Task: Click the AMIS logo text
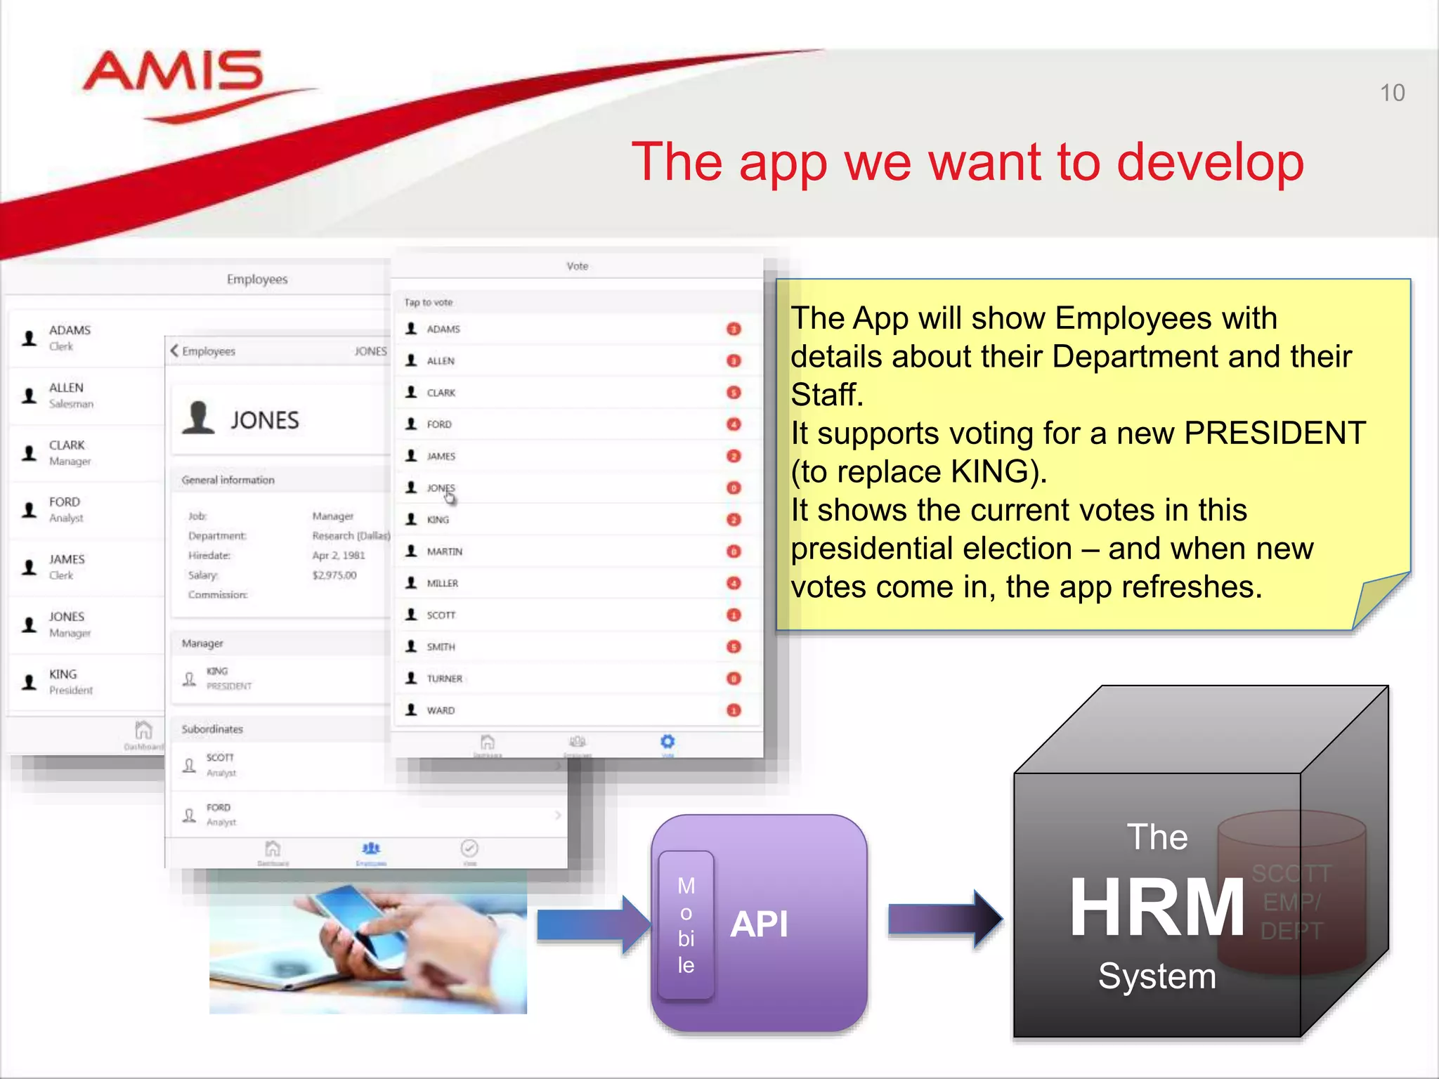pyautogui.click(x=173, y=72)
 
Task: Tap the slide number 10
pyautogui.click(x=1392, y=93)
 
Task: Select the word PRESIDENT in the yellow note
pyautogui.click(x=1275, y=433)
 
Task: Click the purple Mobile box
pyautogui.click(x=686, y=924)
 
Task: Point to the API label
pyautogui.click(x=759, y=924)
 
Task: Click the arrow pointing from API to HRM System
pyautogui.click(x=944, y=919)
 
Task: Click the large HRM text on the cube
pyautogui.click(x=1157, y=907)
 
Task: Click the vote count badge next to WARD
pyautogui.click(x=734, y=710)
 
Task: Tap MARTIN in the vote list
pyautogui.click(x=444, y=551)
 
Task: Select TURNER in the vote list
pyautogui.click(x=444, y=679)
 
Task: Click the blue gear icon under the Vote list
pyautogui.click(x=668, y=742)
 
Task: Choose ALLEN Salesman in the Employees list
pyautogui.click(x=70, y=395)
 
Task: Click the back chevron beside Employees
pyautogui.click(x=174, y=351)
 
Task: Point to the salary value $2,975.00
pyautogui.click(x=334, y=575)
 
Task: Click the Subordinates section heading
pyautogui.click(x=212, y=729)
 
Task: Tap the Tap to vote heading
pyautogui.click(x=428, y=302)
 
